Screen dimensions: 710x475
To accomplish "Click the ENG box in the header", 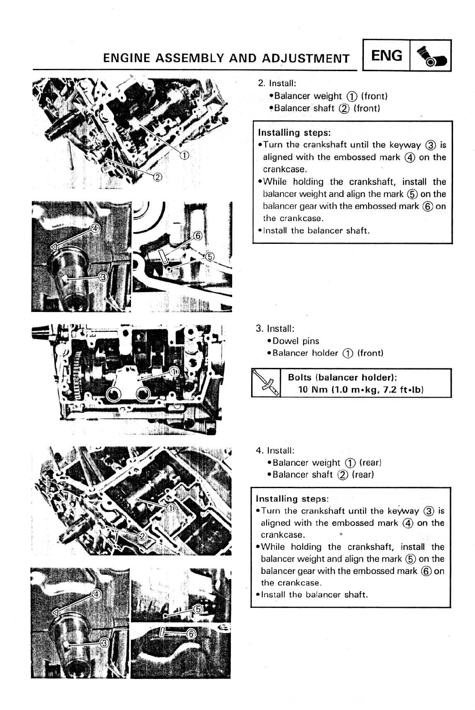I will pyautogui.click(x=386, y=56).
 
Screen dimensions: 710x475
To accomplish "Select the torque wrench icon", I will pyautogui.click(x=266, y=383).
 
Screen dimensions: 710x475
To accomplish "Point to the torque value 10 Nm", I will pyautogui.click(x=313, y=389).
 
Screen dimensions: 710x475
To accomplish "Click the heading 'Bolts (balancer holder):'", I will pyautogui.click(x=342, y=377).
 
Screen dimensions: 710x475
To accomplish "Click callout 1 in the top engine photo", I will pyautogui.click(x=183, y=155).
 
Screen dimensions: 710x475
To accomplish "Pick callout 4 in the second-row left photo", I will pyautogui.click(x=95, y=227).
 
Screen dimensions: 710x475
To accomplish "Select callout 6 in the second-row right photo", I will pyautogui.click(x=197, y=235).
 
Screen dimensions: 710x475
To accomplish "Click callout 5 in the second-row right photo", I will pyautogui.click(x=210, y=257).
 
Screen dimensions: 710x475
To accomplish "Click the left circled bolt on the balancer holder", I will pyautogui.click(x=115, y=393).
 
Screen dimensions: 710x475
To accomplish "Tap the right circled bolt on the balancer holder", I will pyautogui.click(x=143, y=393).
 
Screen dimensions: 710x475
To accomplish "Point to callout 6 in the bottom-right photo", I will pyautogui.click(x=192, y=633).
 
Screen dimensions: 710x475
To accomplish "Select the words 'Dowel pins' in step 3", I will pyautogui.click(x=296, y=341).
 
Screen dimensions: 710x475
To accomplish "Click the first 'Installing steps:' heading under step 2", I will pyautogui.click(x=294, y=133).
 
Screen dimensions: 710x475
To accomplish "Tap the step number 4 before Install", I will pyautogui.click(x=259, y=451).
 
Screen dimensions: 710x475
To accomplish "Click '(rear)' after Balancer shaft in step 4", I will pyautogui.click(x=363, y=474).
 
